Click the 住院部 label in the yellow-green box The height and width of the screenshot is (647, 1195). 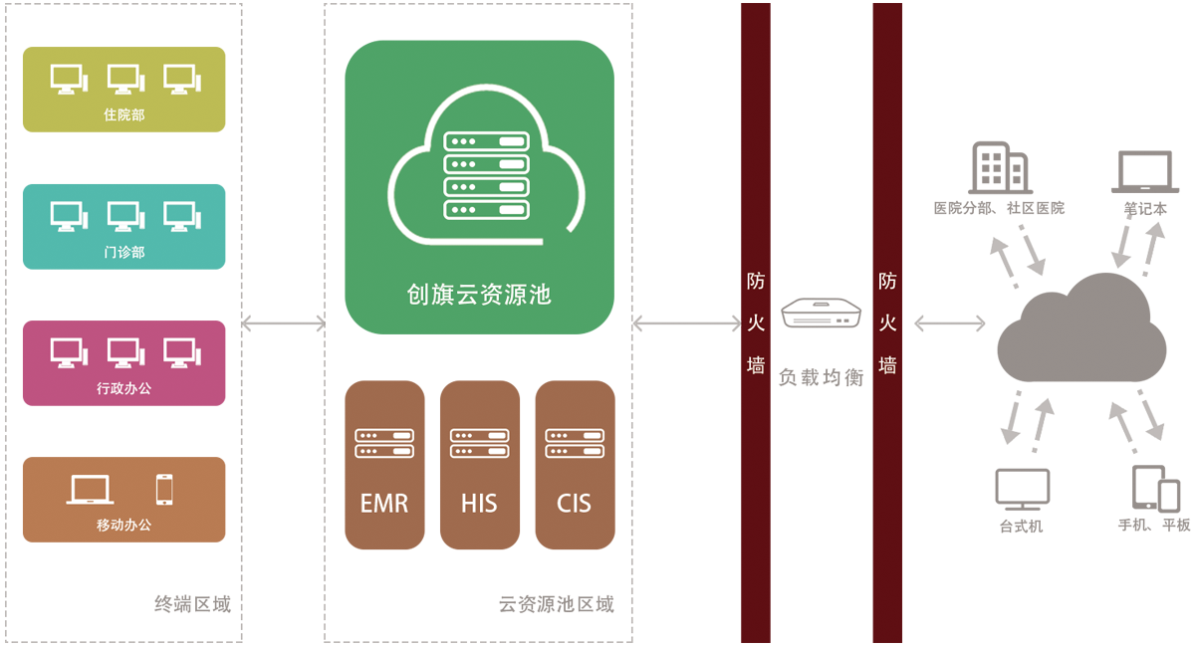(124, 115)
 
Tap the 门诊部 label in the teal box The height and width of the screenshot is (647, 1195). (124, 253)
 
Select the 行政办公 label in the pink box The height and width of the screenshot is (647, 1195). (124, 389)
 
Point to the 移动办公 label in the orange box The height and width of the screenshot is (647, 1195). (124, 525)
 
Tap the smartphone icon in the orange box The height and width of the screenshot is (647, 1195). (164, 489)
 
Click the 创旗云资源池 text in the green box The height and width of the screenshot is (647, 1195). (479, 295)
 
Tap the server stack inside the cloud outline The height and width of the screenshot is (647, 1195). (485, 175)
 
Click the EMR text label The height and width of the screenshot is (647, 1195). (384, 504)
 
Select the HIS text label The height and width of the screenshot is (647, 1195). (479, 504)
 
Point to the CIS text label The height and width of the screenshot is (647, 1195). (574, 504)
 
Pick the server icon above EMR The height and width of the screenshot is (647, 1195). (384, 444)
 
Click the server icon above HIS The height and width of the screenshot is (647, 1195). (479, 444)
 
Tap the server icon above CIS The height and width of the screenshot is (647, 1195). (575, 444)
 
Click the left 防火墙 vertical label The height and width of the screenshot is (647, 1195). (757, 323)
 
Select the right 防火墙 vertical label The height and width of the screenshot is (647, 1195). (887, 323)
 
